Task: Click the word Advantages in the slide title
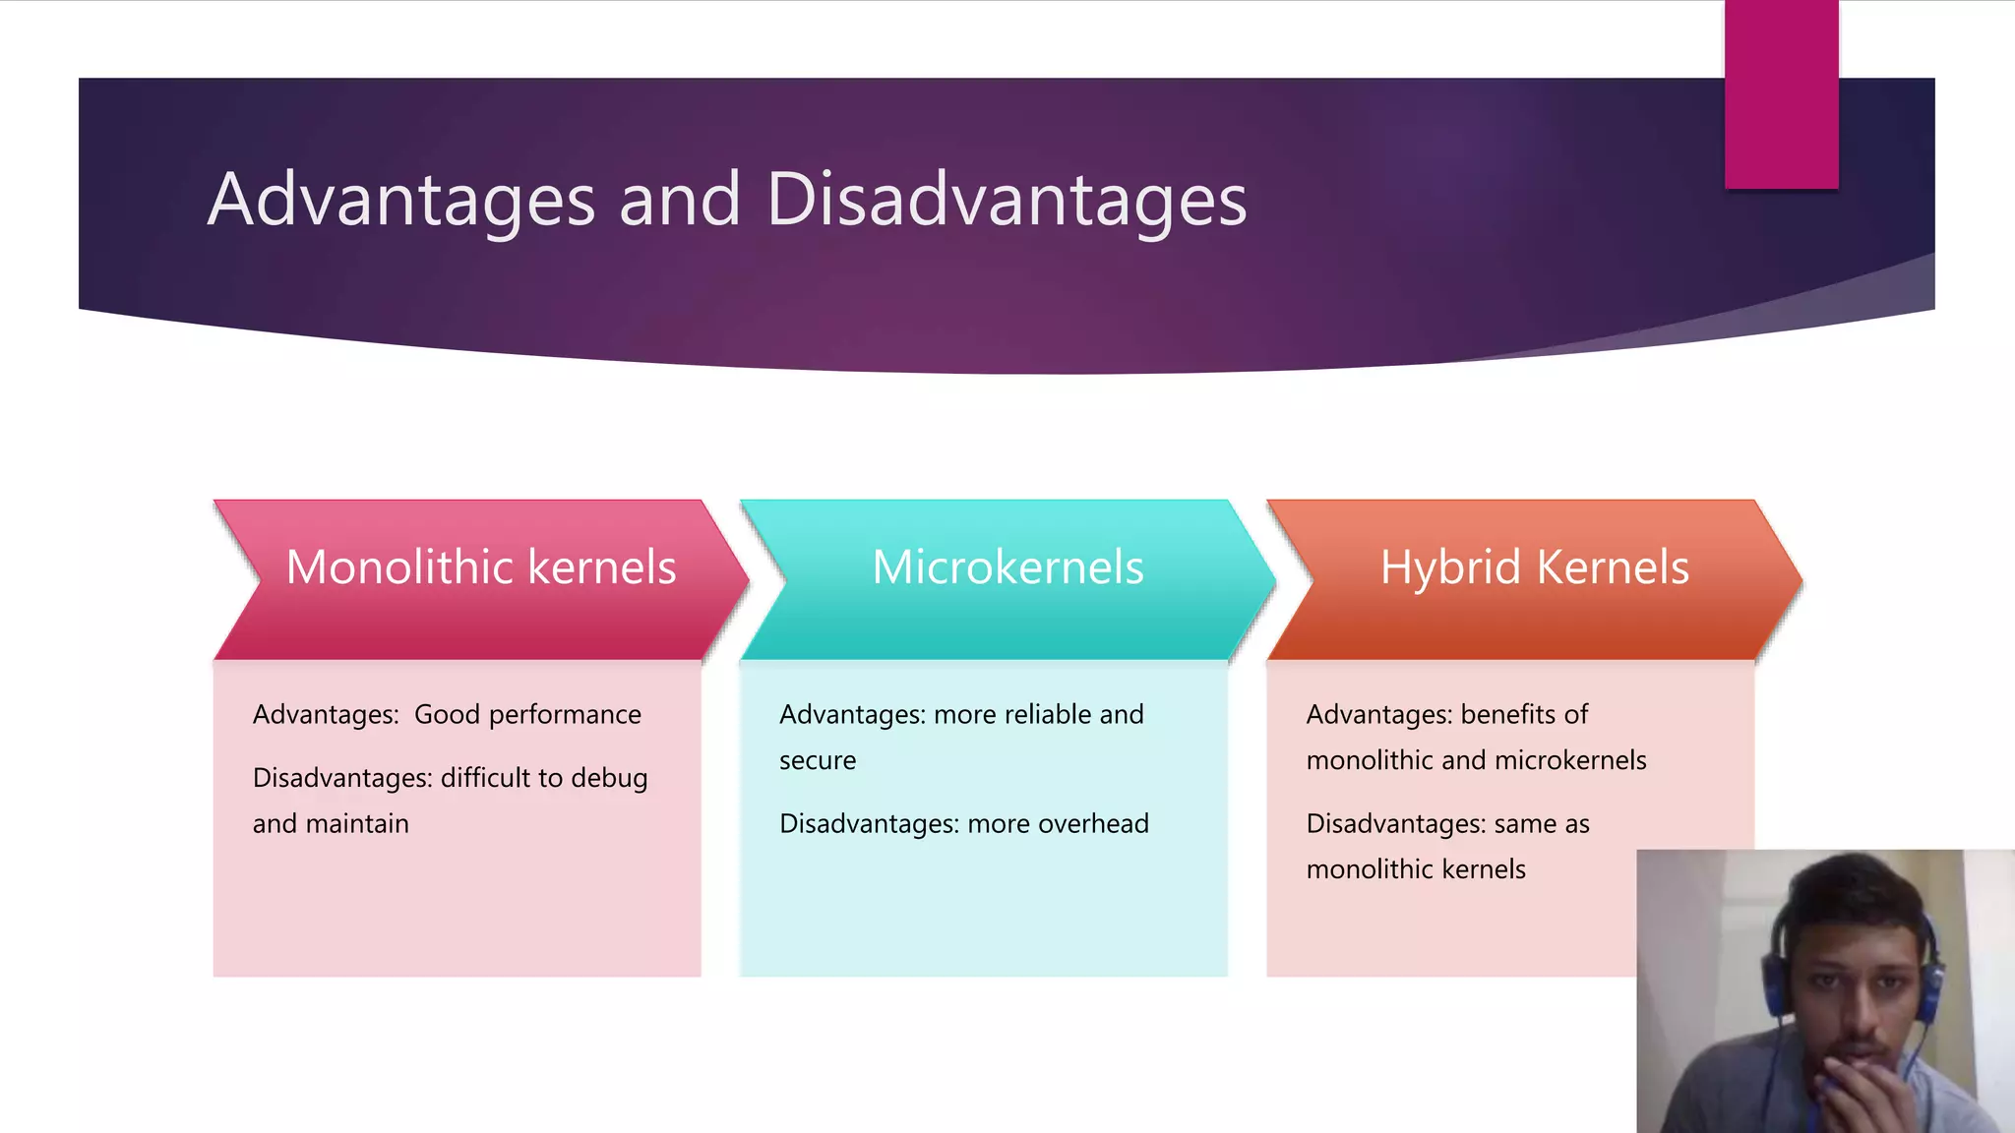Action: tap(401, 200)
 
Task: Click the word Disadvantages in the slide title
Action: tap(1006, 200)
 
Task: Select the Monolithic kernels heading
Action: tap(481, 567)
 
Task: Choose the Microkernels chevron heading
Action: tap(1007, 567)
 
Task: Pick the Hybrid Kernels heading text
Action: tap(1534, 567)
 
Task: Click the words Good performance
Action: tap(527, 715)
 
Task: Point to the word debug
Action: tap(609, 778)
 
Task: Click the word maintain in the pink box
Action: tap(357, 824)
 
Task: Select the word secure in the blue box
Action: tap(818, 761)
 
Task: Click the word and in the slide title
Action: tap(679, 200)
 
